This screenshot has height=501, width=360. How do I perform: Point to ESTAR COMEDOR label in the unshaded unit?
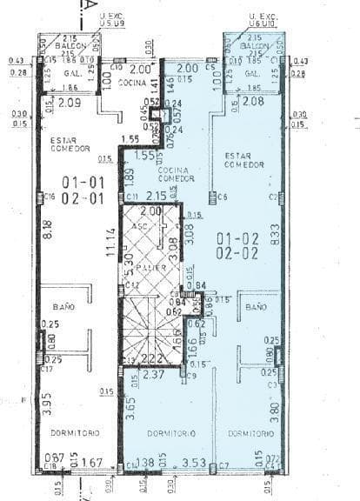click(x=70, y=144)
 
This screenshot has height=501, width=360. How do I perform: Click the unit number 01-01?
click(x=83, y=182)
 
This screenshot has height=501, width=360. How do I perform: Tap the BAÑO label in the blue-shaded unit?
click(x=255, y=308)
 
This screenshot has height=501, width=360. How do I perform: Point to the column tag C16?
click(x=50, y=197)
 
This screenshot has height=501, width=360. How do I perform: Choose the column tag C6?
click(x=223, y=197)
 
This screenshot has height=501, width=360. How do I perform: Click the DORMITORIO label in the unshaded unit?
click(x=75, y=432)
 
